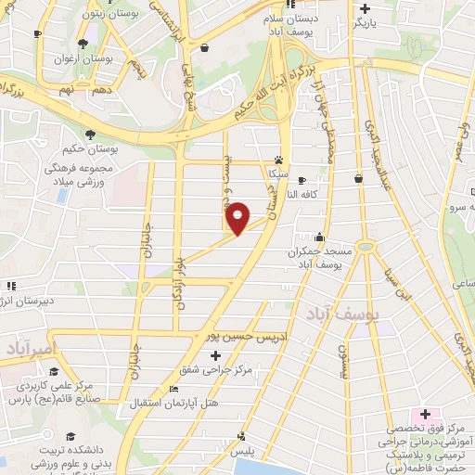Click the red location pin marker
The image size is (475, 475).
(238, 218)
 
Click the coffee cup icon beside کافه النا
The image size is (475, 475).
(358, 178)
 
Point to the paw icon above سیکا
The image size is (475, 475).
(278, 159)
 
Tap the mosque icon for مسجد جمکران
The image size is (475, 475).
(319, 237)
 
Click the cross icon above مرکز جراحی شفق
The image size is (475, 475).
(216, 355)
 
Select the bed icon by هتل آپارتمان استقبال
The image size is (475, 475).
(173, 389)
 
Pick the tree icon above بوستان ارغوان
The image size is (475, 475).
(83, 44)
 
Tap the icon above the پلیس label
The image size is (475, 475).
(243, 436)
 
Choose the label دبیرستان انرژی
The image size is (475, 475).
(32, 302)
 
